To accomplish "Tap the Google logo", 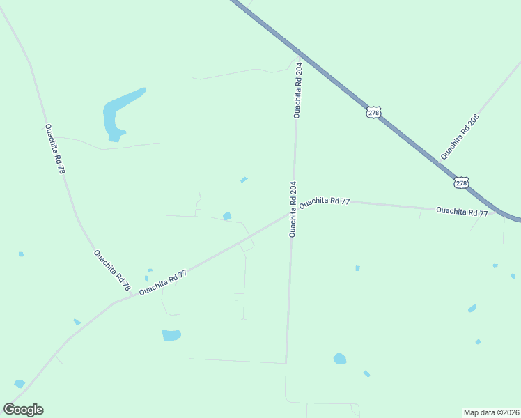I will click(23, 410).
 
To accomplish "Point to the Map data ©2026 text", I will click(491, 412).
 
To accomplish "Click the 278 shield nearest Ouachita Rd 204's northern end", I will click(374, 111).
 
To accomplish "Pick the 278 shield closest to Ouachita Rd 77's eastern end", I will click(461, 183).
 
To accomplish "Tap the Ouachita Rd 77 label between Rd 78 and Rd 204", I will click(163, 283).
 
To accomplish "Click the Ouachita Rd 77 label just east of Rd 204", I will click(325, 201).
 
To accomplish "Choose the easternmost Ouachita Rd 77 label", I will click(462, 211).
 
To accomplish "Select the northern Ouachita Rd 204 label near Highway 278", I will click(298, 91).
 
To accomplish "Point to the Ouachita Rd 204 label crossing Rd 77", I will click(293, 209).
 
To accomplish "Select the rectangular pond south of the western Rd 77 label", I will click(171, 335).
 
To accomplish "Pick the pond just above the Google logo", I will click(20, 384).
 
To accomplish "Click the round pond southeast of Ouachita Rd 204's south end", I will click(340, 359).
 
